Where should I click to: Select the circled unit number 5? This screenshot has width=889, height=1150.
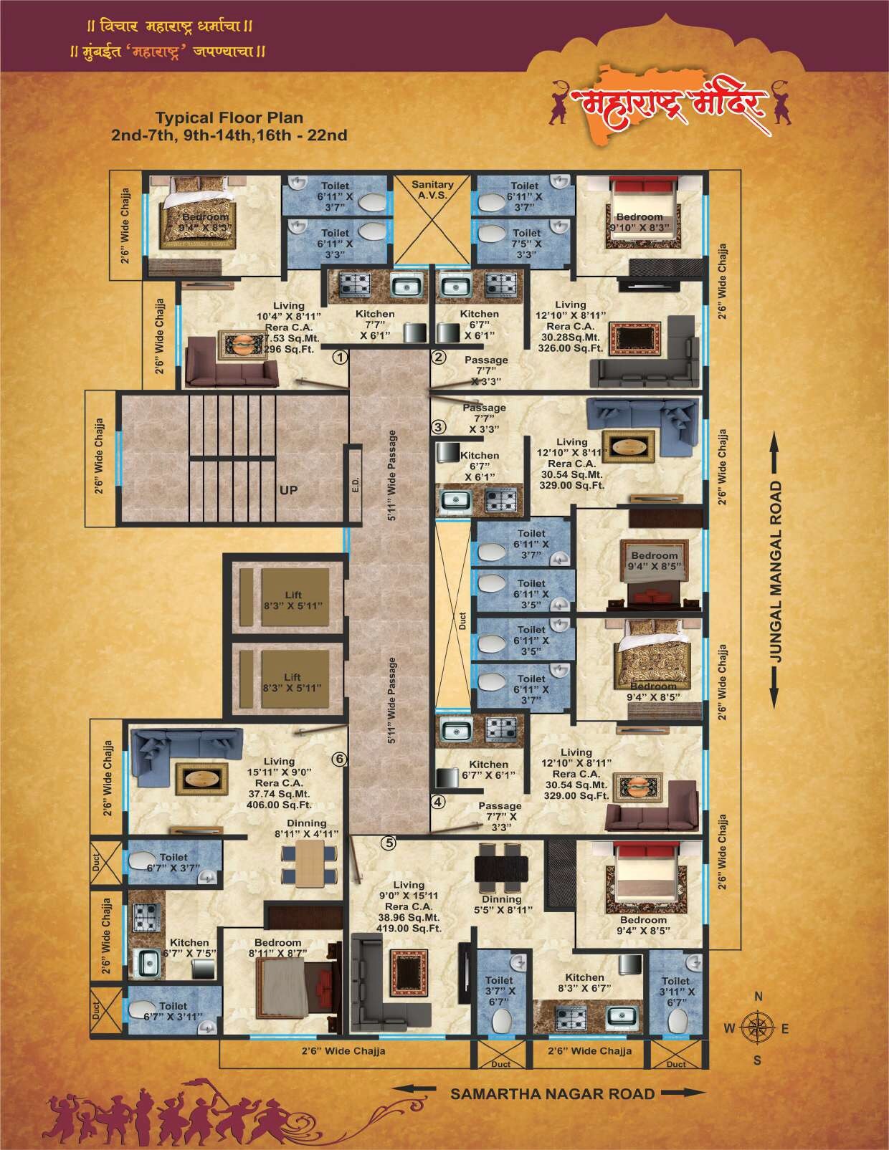(x=388, y=843)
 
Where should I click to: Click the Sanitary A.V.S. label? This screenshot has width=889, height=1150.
(x=432, y=190)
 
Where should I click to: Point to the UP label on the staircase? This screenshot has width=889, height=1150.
(x=289, y=491)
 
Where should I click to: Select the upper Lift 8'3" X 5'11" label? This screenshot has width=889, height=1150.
(x=292, y=599)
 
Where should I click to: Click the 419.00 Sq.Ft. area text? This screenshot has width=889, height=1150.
(x=409, y=928)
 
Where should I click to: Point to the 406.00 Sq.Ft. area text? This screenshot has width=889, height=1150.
(x=279, y=805)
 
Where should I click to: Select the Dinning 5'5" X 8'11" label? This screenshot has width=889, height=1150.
(x=502, y=904)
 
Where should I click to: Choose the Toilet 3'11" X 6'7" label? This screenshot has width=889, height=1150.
(x=675, y=991)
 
